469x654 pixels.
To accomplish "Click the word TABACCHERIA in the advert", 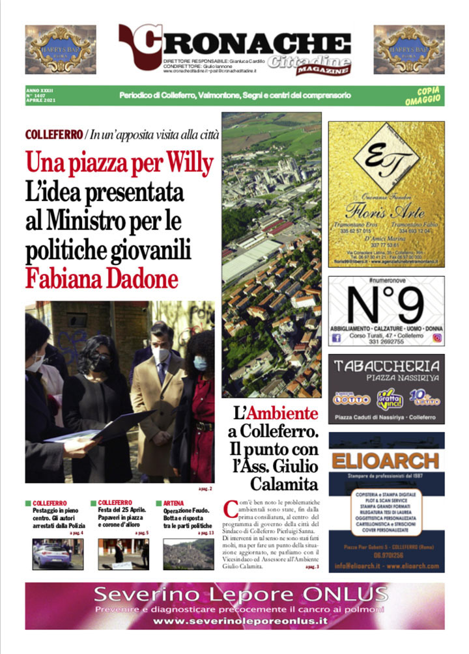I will point(386,366).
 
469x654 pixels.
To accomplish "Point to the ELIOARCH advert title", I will point(385,461).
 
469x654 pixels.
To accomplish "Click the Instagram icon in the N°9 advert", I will point(437,338).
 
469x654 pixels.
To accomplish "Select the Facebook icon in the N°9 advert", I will point(337,338).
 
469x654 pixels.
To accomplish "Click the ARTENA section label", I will point(173,503).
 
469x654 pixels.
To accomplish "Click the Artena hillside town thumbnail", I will point(188,554).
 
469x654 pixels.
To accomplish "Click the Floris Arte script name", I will point(387,211).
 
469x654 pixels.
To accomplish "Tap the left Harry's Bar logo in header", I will point(60,49).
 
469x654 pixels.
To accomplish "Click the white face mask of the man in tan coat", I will point(160,355).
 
